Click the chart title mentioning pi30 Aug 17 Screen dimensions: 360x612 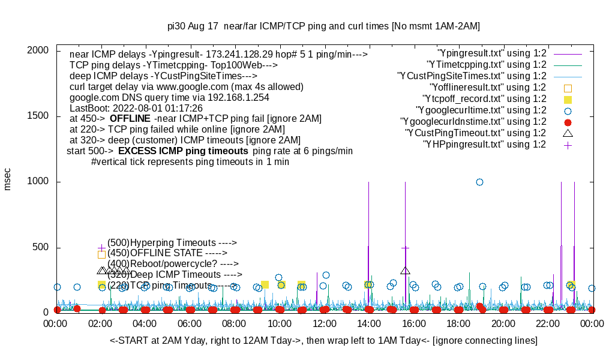pyautogui.click(x=323, y=26)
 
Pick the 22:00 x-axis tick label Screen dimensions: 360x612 pyautogui.click(x=547, y=324)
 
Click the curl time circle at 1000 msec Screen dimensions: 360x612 pyautogui.click(x=479, y=182)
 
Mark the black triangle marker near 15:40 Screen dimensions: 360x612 pyautogui.click(x=406, y=271)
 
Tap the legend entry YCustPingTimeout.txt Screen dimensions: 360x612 pyautogui.click(x=475, y=133)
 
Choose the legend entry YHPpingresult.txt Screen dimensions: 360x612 pyautogui.click(x=484, y=144)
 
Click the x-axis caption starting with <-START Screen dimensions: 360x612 pyautogui.click(x=323, y=340)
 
